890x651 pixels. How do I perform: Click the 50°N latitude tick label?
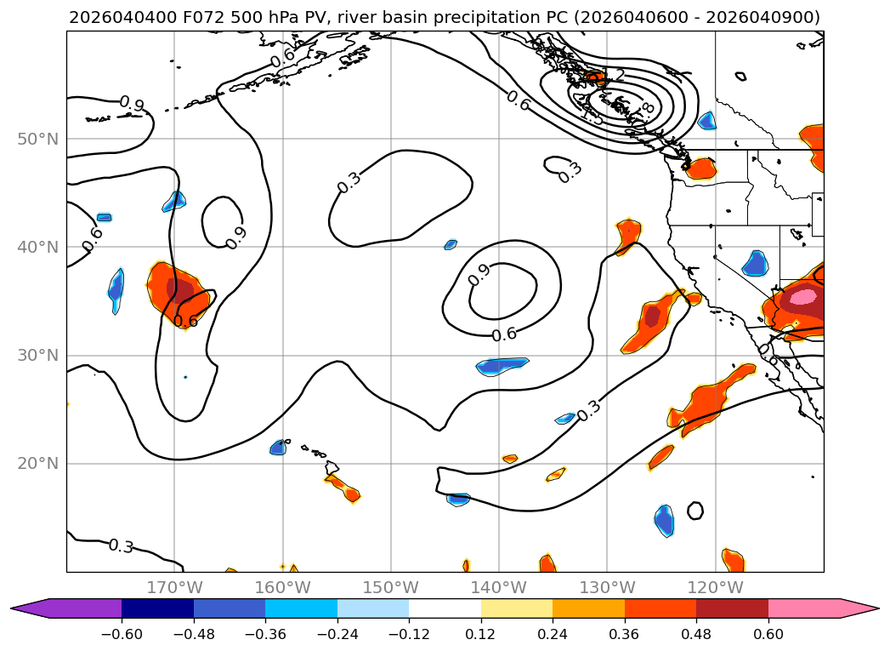click(x=37, y=139)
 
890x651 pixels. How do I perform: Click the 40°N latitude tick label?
click(x=37, y=247)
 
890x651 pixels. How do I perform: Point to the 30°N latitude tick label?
click(x=37, y=355)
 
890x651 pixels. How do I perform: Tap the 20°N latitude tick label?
click(x=37, y=464)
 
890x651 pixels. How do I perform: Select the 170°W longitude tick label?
click(x=174, y=587)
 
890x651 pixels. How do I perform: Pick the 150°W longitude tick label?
click(x=391, y=587)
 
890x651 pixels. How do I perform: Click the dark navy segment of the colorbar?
click(x=157, y=608)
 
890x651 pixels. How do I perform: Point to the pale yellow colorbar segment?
click(x=517, y=608)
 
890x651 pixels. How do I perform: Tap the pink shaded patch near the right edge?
click(x=802, y=296)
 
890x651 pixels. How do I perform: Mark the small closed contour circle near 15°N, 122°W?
click(x=695, y=511)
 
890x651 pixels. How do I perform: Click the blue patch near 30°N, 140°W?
click(x=503, y=366)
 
